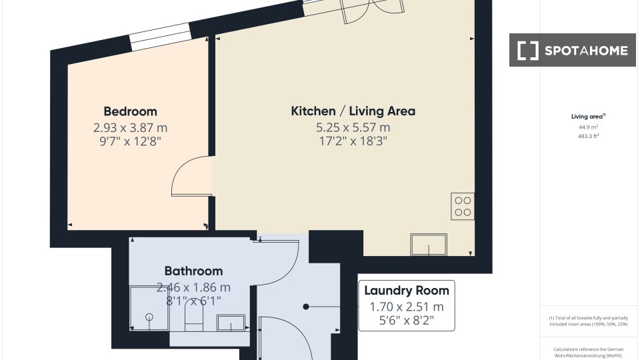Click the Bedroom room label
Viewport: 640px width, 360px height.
(130, 111)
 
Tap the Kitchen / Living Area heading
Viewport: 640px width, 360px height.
(353, 111)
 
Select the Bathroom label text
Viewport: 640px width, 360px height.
(193, 271)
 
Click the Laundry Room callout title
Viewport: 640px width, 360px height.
(407, 291)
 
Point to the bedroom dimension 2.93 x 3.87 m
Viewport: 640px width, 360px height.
(130, 128)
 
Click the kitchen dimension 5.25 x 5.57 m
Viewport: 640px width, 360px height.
(353, 127)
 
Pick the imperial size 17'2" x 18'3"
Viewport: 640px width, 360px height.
(353, 141)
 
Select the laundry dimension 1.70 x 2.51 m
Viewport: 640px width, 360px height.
(407, 307)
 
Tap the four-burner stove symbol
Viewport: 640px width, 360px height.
(463, 206)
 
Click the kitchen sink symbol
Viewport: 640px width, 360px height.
(429, 245)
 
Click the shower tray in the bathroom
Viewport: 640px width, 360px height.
(149, 308)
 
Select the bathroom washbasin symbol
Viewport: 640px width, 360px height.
(231, 323)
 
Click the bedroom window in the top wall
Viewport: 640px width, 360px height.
(161, 37)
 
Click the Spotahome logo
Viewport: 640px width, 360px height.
(572, 50)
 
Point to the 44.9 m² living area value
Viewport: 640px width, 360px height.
(588, 127)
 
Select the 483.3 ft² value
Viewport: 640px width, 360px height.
(588, 136)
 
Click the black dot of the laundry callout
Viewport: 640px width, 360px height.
(306, 307)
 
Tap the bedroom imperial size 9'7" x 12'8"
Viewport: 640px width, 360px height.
(130, 141)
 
